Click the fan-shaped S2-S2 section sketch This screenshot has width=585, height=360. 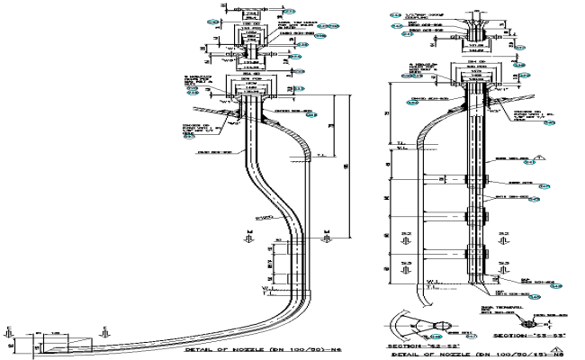(x=413, y=324)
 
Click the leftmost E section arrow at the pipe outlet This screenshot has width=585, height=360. (x=9, y=332)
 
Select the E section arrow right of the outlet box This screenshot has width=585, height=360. (x=105, y=332)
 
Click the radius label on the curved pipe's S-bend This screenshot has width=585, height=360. (x=266, y=219)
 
